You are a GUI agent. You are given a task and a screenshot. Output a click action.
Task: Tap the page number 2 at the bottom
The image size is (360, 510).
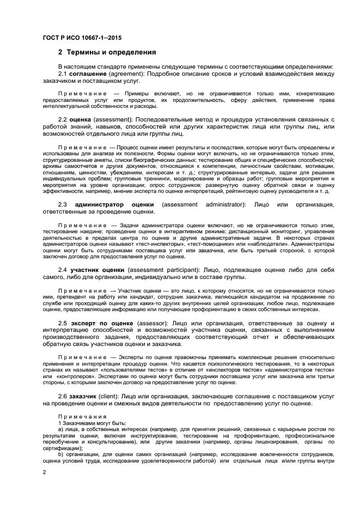[44, 472]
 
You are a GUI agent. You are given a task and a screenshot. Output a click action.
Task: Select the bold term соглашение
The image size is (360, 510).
[87, 74]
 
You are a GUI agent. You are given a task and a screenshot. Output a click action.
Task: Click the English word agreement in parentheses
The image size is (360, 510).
[126, 74]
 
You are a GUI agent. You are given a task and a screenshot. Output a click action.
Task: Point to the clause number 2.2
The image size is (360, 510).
[63, 119]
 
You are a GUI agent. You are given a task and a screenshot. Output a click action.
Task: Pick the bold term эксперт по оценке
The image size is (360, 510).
[103, 324]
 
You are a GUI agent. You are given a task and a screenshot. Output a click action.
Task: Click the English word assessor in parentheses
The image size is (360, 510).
[153, 324]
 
